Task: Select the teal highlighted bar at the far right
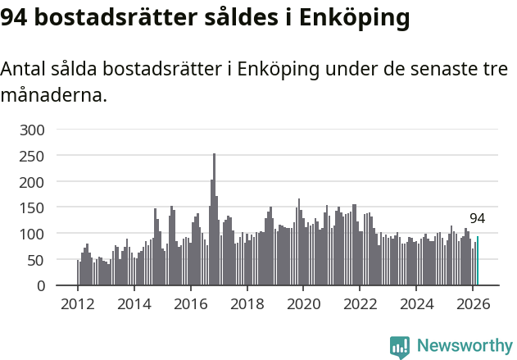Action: point(478,262)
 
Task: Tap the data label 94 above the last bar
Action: point(477,219)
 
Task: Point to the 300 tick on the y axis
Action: point(42,130)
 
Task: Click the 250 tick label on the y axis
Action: point(42,156)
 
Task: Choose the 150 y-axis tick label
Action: point(42,207)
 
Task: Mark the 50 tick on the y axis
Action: point(46,260)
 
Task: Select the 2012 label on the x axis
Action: point(78,304)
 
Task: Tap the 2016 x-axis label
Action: point(191,304)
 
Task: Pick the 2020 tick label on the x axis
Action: point(303,304)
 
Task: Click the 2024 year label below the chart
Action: point(416,304)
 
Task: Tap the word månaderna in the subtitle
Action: point(53,96)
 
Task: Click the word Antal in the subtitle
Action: point(23,70)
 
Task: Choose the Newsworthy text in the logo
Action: point(465,346)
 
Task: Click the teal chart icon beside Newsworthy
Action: point(400,347)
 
